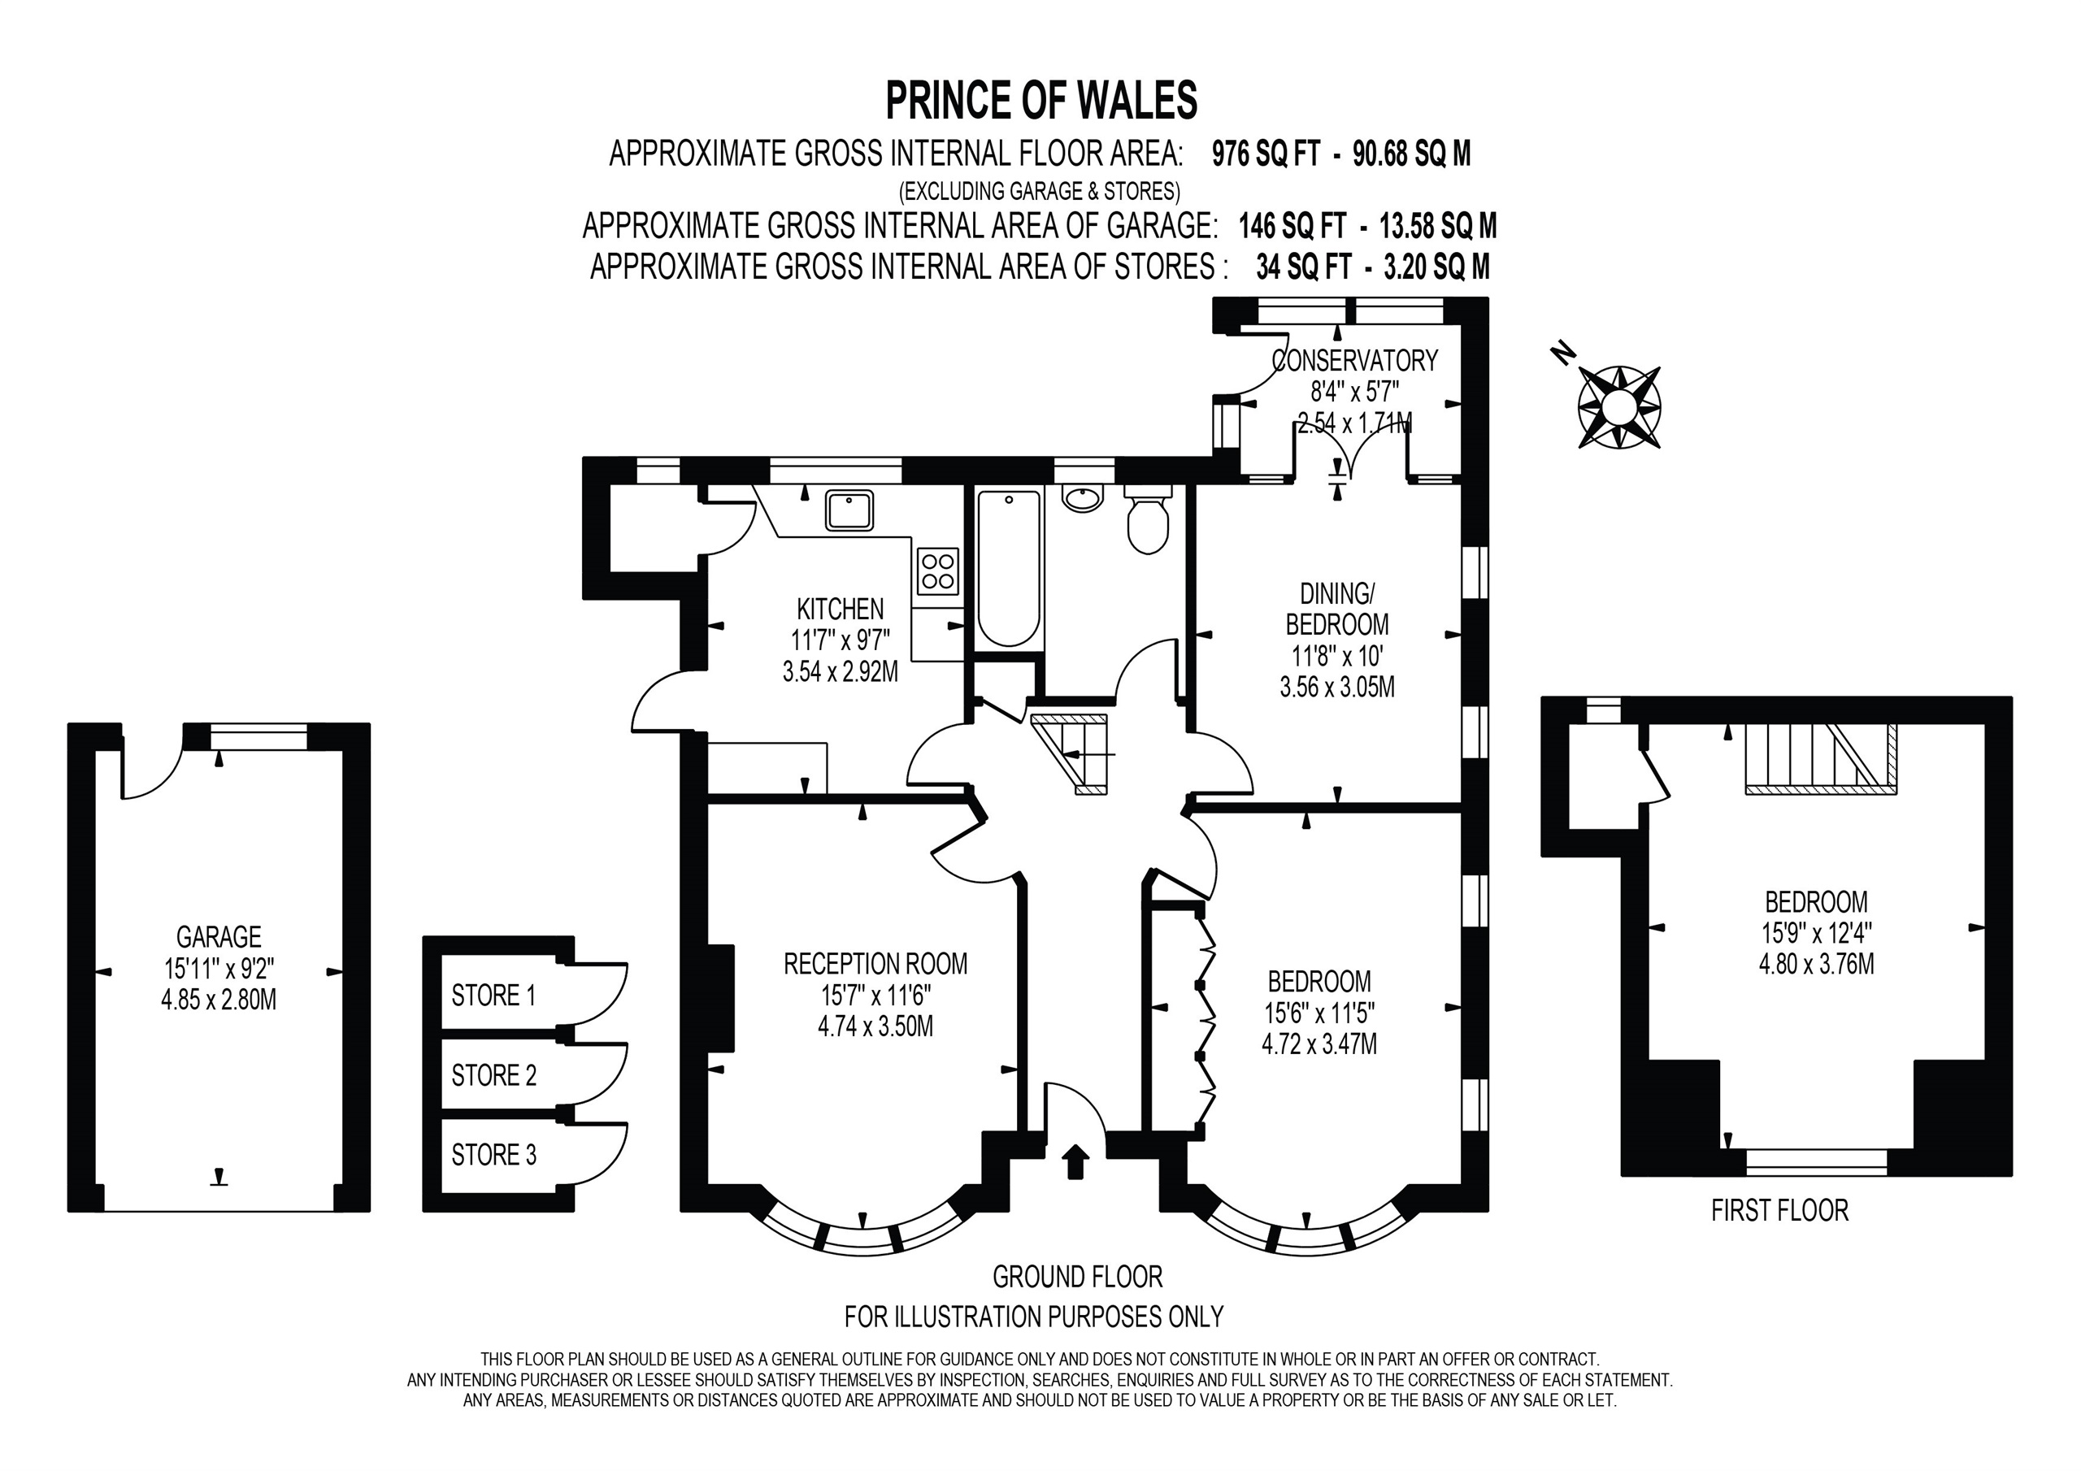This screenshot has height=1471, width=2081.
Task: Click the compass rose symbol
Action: pos(1618,407)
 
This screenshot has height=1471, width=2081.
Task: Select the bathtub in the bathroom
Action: pos(1008,568)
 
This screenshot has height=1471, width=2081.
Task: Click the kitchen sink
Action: pos(849,510)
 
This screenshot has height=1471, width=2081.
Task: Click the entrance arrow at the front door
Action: pos(1075,1161)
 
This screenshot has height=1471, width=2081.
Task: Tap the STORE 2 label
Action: pos(494,1076)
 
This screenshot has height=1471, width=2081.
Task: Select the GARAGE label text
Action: pos(219,936)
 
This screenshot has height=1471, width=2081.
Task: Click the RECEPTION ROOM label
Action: pos(875,963)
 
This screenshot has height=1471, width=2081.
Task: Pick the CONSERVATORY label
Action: pos(1354,361)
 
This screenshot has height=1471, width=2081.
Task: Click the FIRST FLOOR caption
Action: pos(1779,1210)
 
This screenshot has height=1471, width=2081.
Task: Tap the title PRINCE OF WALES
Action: pos(1040,101)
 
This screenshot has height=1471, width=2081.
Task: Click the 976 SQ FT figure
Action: pos(1266,155)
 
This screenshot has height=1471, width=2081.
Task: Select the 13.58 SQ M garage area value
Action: pos(1437,226)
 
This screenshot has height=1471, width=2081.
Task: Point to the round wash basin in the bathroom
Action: pos(1082,497)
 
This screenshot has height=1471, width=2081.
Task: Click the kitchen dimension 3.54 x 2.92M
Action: pos(841,672)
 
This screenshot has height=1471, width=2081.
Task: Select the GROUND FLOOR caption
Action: pos(1077,1277)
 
